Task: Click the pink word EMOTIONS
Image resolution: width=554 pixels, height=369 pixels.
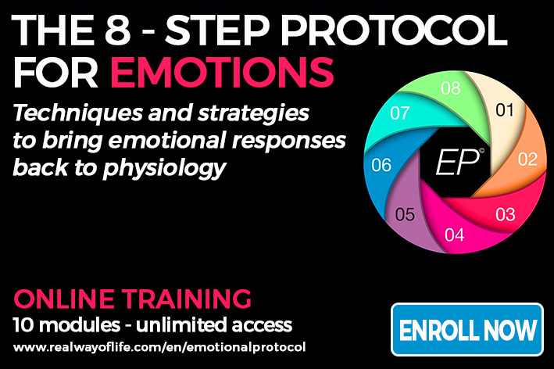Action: [x=222, y=72]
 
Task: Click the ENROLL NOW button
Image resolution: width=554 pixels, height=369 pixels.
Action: [x=467, y=329]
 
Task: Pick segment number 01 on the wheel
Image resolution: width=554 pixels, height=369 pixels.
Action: [x=505, y=110]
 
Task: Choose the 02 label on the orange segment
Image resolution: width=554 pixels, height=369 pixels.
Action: [x=528, y=159]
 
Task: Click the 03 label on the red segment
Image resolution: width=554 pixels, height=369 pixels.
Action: [x=506, y=214]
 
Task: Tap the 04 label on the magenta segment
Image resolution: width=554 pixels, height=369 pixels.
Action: [x=454, y=235]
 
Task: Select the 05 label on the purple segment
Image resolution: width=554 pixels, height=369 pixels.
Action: [x=405, y=214]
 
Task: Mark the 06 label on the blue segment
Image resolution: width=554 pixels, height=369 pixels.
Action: [x=381, y=165]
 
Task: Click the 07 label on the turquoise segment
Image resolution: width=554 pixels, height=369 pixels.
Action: [x=399, y=113]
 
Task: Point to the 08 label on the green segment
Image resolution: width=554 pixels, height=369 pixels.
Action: [x=451, y=88]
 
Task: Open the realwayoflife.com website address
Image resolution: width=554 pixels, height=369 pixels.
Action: [x=159, y=347]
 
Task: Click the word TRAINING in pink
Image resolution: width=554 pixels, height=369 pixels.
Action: [x=187, y=299]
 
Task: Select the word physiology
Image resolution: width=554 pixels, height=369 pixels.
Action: [x=164, y=168]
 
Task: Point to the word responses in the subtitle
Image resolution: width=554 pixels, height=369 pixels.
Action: [x=288, y=141]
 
